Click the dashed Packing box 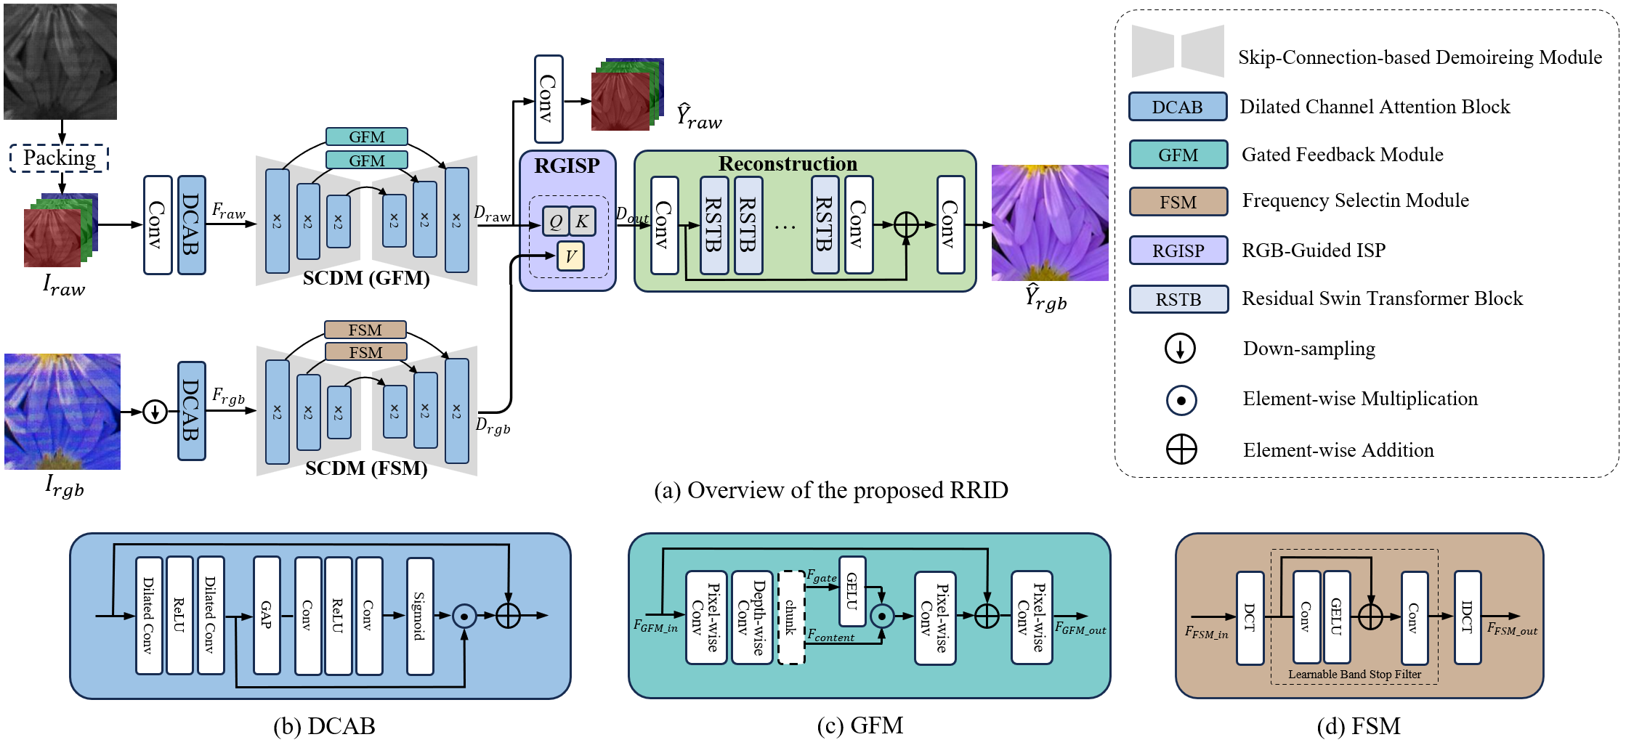(x=59, y=158)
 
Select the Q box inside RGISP (x=556, y=221)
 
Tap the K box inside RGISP (x=582, y=221)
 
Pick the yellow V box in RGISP (x=570, y=256)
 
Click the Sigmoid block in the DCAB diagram (x=420, y=616)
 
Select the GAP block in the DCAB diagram (x=267, y=616)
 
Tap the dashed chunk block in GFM (x=791, y=617)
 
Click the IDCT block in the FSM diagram (x=1467, y=617)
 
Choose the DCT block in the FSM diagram (x=1250, y=617)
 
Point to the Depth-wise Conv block (x=751, y=617)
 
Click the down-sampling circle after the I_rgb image (x=155, y=412)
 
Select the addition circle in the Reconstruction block (x=906, y=224)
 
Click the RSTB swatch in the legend (x=1178, y=299)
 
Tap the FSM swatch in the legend (x=1178, y=202)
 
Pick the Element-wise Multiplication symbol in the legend (x=1181, y=400)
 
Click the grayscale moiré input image (x=60, y=61)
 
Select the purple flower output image (x=1049, y=222)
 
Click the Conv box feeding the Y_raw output (x=549, y=99)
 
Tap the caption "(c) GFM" (x=859, y=725)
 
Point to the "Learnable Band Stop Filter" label (x=1354, y=675)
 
